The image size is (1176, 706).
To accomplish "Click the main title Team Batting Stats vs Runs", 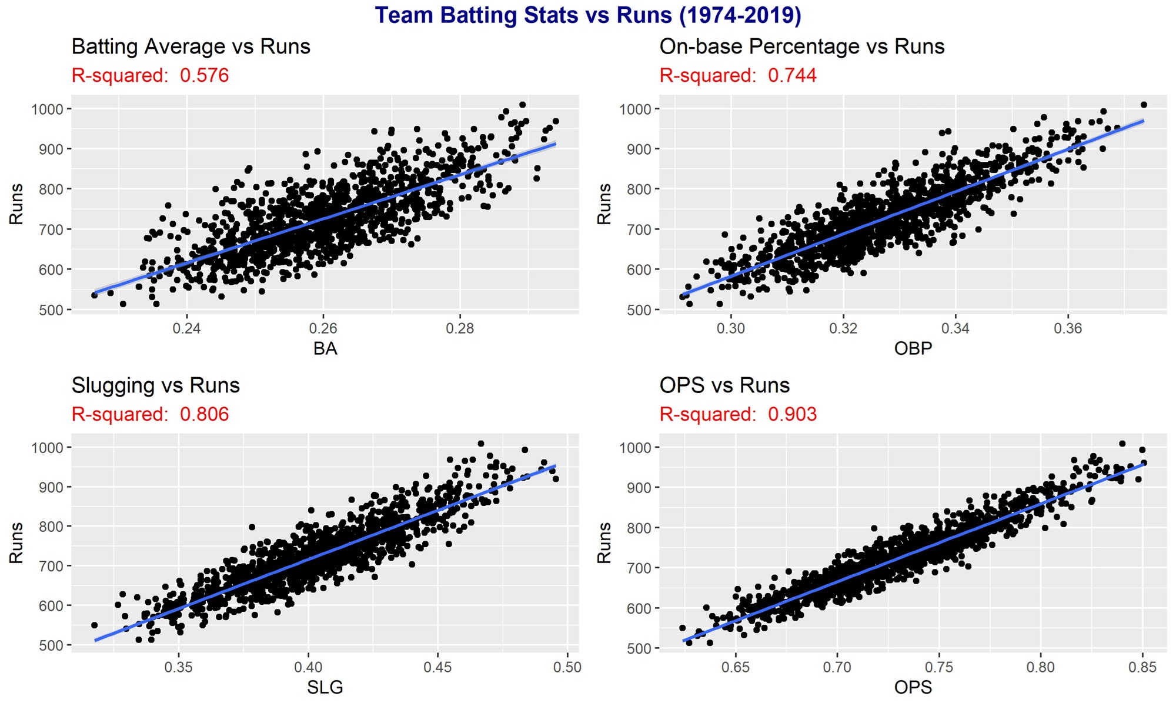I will [x=588, y=15].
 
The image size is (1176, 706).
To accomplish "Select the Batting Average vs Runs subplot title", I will [x=191, y=46].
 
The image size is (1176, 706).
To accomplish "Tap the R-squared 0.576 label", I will [x=150, y=75].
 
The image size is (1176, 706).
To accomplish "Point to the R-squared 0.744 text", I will [x=738, y=75].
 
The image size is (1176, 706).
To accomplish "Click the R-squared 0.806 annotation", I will [x=150, y=414].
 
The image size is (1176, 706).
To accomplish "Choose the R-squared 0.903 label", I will [x=738, y=414].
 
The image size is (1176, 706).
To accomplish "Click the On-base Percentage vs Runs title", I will [x=801, y=46].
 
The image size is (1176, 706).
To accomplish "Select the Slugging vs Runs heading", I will [x=155, y=385].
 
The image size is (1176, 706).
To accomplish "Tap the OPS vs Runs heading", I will [x=724, y=385].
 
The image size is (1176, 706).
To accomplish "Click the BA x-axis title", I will [x=325, y=348].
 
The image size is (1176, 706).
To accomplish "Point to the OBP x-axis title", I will [x=913, y=348].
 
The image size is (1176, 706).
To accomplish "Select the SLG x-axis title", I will [x=325, y=687].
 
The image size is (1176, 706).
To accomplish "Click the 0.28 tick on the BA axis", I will [x=460, y=328].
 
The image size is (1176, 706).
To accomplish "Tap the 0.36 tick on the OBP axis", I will [x=1068, y=328].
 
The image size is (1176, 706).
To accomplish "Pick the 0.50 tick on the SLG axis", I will [x=567, y=667].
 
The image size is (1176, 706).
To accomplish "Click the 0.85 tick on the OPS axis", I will [x=1142, y=667].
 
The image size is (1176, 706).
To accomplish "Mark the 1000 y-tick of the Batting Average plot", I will [x=47, y=109].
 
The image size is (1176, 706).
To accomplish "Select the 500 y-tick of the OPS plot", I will [x=639, y=648].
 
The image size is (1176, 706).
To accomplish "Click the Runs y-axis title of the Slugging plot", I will [x=16, y=542].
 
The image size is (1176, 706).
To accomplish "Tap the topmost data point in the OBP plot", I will [x=1144, y=105].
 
